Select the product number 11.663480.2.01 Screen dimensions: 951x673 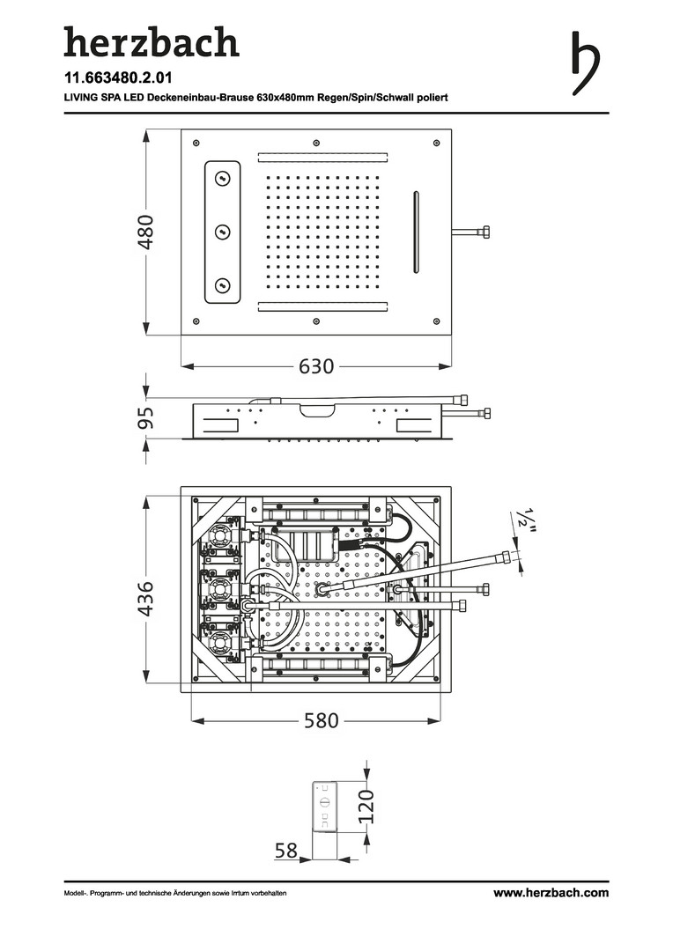tap(117, 77)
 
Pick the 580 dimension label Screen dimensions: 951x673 tap(321, 720)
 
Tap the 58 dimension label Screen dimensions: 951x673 tap(285, 850)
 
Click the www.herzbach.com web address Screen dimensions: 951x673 tap(551, 893)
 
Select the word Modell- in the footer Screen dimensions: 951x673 tap(77, 894)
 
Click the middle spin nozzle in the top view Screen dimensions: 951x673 tap(222, 232)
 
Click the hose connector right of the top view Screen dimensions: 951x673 tap(472, 232)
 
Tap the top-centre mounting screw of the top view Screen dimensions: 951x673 tap(315, 142)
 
